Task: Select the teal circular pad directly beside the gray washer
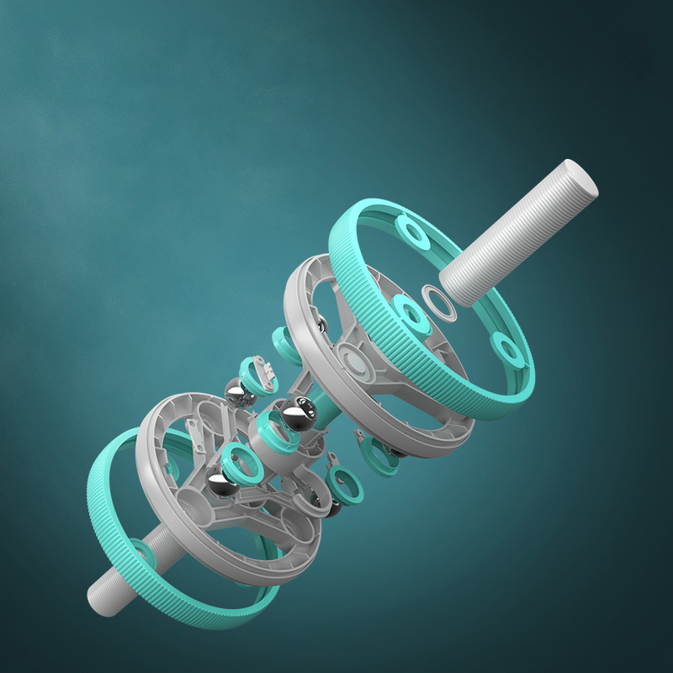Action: point(411,314)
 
